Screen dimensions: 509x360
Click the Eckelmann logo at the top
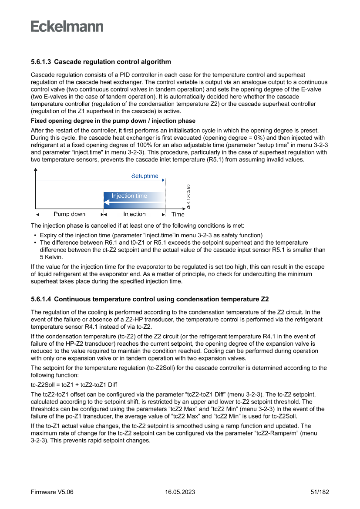67,26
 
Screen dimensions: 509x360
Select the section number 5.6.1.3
41,62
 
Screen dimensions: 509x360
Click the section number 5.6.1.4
41,299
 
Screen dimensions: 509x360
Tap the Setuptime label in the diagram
145,176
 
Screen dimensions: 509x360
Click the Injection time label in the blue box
129,196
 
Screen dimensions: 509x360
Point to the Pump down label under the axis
69,214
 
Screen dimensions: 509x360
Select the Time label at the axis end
178,214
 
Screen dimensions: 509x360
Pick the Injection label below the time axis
135,214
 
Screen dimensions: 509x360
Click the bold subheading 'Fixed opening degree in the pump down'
113,121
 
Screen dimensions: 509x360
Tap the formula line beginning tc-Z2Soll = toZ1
74,384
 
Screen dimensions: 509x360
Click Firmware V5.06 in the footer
52,492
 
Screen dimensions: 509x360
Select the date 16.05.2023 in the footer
180,492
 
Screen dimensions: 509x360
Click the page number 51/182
320,492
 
